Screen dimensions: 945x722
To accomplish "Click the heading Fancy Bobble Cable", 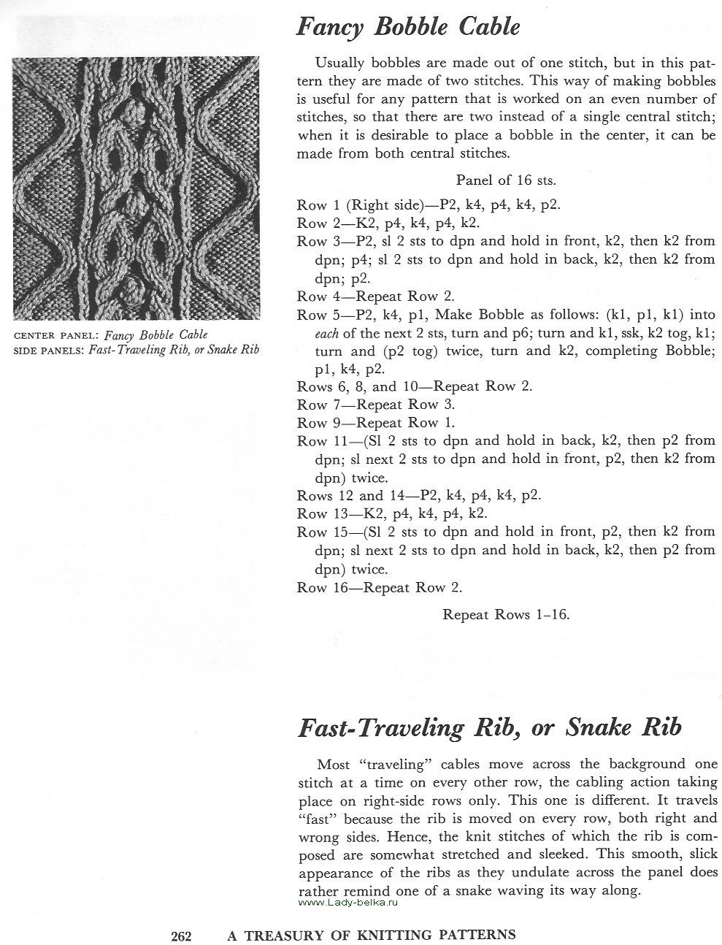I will pyautogui.click(x=408, y=28).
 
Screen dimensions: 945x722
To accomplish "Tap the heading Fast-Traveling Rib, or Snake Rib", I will pyautogui.click(x=489, y=727).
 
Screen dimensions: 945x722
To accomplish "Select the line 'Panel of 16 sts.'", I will pyautogui.click(x=506, y=180).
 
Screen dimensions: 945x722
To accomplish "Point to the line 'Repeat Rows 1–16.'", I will pyautogui.click(x=506, y=614).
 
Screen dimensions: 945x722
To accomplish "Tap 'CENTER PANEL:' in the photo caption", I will pyautogui.click(x=57, y=336).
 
